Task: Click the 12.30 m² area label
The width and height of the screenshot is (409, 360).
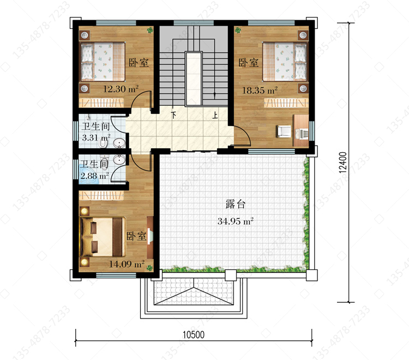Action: (x=121, y=89)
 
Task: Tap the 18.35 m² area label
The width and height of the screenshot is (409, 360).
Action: (x=260, y=90)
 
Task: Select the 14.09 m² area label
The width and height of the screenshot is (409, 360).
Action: (x=127, y=264)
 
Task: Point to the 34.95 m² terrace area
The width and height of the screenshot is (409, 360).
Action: (x=236, y=221)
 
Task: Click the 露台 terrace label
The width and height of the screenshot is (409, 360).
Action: (x=236, y=204)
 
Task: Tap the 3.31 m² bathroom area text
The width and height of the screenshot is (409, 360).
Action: (x=96, y=137)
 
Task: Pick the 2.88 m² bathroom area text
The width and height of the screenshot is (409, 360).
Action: (x=94, y=176)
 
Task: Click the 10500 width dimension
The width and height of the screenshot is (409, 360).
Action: (x=193, y=335)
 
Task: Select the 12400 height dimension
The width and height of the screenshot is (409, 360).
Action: (x=343, y=163)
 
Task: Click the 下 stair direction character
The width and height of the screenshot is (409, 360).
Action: (x=173, y=115)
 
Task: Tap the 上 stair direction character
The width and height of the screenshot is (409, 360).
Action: (x=215, y=115)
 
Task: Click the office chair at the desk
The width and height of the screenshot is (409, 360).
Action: (x=284, y=131)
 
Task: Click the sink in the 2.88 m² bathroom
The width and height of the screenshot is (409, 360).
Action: (x=119, y=159)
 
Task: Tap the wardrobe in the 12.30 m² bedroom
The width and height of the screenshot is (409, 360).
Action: (x=101, y=103)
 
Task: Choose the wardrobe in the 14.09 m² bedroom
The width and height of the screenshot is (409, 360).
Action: (x=101, y=195)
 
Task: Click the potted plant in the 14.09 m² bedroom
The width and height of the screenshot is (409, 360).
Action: (x=149, y=268)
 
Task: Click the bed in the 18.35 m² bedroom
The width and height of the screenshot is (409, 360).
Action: (x=285, y=62)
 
